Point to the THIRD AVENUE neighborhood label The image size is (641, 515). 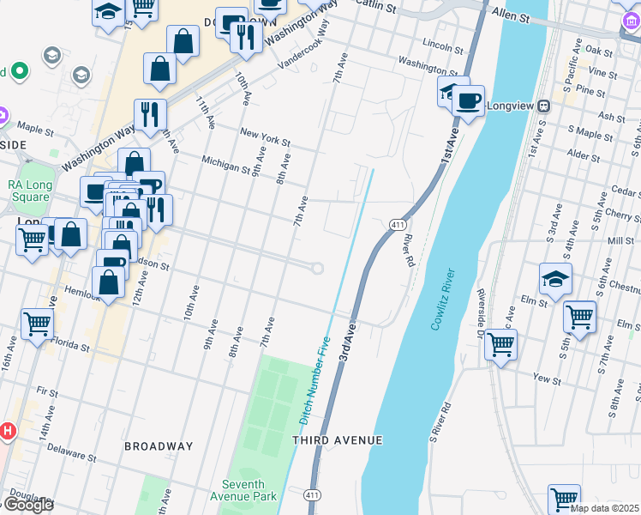pos(337,440)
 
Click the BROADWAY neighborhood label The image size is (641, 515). pos(159,446)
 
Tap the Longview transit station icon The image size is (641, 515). pos(542,106)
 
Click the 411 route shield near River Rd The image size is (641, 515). pos(397,224)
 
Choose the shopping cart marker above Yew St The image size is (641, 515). pos(501,345)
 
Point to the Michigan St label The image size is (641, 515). pos(225,161)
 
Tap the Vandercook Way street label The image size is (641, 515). pos(304,52)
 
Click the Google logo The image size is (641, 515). pos(27,504)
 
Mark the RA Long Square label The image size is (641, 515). pos(30,191)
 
